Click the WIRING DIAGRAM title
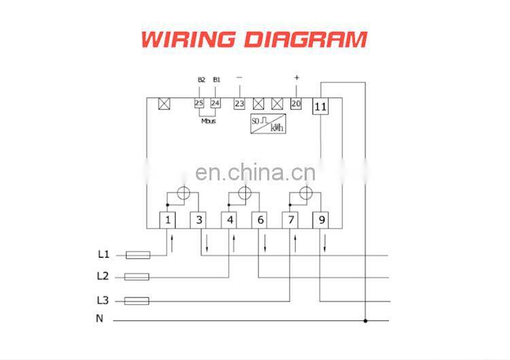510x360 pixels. pos(254,38)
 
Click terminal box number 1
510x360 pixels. pos(167,220)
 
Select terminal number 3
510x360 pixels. pos(199,220)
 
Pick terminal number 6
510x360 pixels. pos(260,220)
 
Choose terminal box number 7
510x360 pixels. pos(290,220)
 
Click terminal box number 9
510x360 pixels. pos(321,220)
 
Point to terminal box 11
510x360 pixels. pos(320,106)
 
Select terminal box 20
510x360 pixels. pos(296,103)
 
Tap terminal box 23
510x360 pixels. pos(239,103)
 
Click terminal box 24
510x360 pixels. pos(216,103)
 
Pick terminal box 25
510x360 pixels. pos(199,103)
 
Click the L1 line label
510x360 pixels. pos(103,255)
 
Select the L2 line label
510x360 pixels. pos(103,276)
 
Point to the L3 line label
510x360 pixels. pos(103,299)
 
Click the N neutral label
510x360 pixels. pos(99,318)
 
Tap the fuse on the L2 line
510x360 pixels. pos(138,277)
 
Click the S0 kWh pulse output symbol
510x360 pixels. pos(266,124)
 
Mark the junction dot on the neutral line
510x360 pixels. pos(366,320)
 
